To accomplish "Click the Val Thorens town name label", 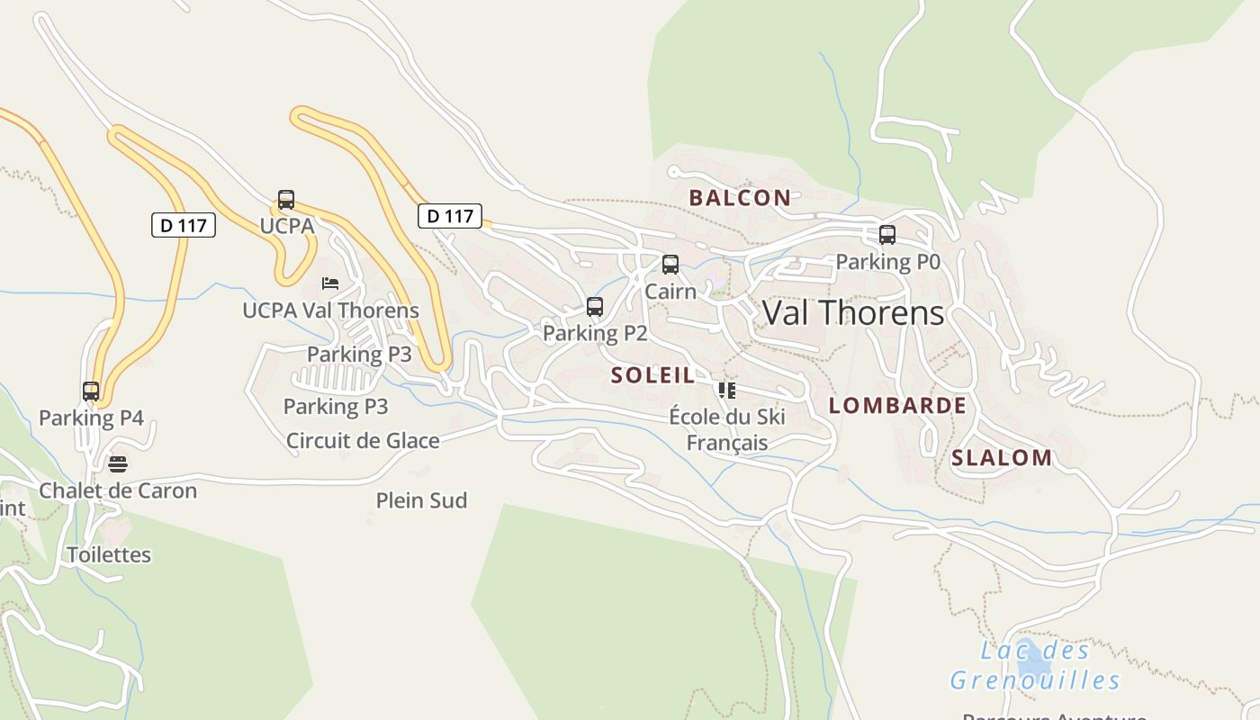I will (853, 312).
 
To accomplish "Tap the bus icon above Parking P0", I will (887, 235).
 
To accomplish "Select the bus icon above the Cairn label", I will (670, 265).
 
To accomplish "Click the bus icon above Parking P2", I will (595, 307).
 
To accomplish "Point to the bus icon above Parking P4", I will (91, 391).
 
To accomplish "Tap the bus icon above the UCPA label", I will (286, 200).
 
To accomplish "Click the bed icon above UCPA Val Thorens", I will (330, 283).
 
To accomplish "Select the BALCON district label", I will (740, 198).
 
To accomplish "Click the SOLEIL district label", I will (653, 375).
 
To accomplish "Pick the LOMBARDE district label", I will (897, 406).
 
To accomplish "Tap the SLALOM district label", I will (1002, 458).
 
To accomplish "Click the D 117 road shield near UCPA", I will (184, 225).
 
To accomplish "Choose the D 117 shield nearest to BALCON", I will (450, 216).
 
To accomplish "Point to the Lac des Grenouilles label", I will (1035, 666).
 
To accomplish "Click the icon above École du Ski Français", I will (727, 391).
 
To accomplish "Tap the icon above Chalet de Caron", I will (118, 464).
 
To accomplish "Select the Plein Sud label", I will (421, 500).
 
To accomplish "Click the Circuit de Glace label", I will (363, 441).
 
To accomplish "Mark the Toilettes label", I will (109, 554).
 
